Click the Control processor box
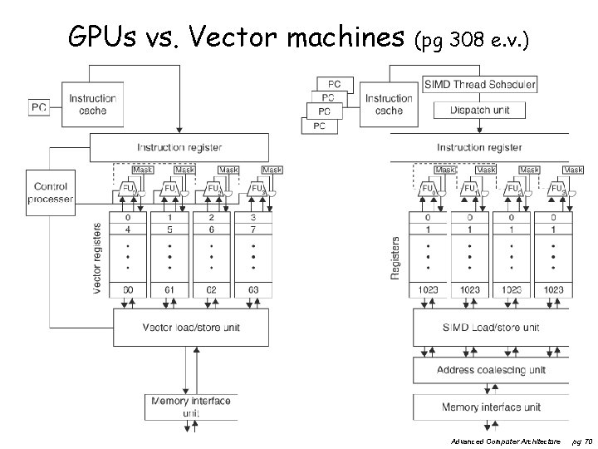tap(51, 188)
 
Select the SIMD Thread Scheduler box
tap(480, 85)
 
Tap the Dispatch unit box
tap(480, 111)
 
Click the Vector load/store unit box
tap(191, 327)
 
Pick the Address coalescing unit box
tap(492, 370)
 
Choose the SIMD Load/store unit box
tap(492, 328)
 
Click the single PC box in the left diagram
tap(39, 107)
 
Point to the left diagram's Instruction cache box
tap(92, 104)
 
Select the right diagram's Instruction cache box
tap(389, 104)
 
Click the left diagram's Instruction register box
tap(180, 148)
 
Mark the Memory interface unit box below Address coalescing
tap(492, 407)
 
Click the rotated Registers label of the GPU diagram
tap(395, 257)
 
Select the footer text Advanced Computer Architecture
tap(506, 440)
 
